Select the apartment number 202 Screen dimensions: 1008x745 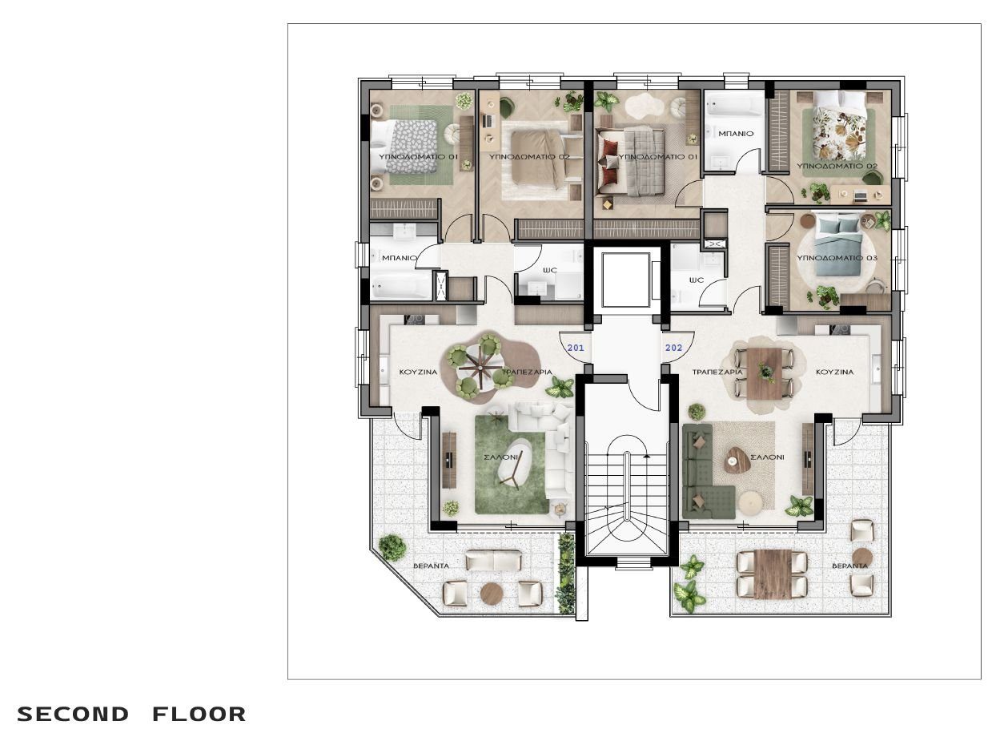coord(673,348)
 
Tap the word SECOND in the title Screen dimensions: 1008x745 coord(73,714)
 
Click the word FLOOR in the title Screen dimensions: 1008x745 coord(199,714)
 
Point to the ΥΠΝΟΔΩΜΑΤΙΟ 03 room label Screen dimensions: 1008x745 coord(837,258)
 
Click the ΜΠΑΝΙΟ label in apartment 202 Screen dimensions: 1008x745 coord(736,134)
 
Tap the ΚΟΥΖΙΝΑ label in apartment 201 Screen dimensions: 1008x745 coord(418,372)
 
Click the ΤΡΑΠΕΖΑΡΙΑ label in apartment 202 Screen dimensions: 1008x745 coord(717,372)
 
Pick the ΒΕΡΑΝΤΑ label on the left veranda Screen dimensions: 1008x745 coord(431,566)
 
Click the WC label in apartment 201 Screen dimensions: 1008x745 coord(550,270)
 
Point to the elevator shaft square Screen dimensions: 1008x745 coord(625,280)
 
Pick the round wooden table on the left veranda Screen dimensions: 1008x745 coord(492,594)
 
